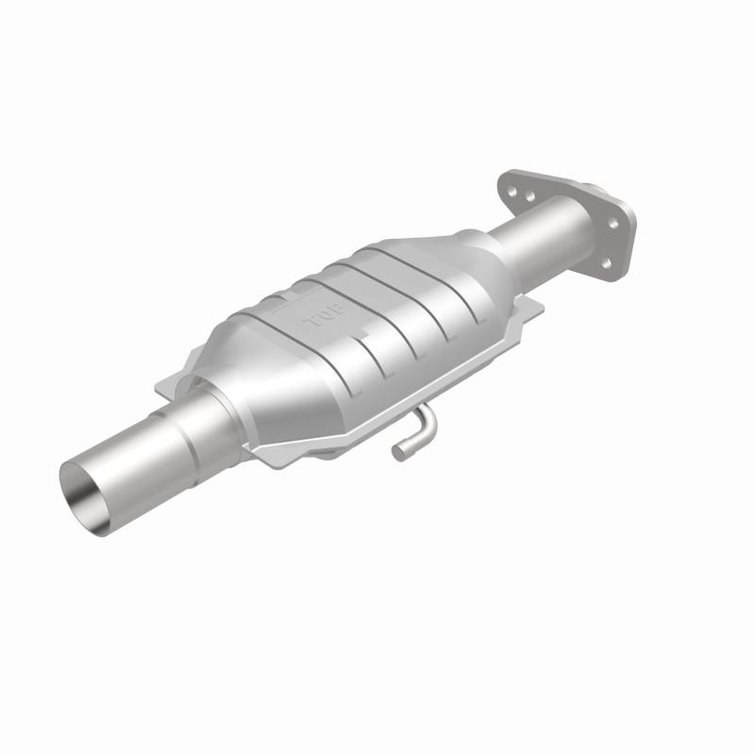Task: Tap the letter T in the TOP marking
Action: click(310, 326)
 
